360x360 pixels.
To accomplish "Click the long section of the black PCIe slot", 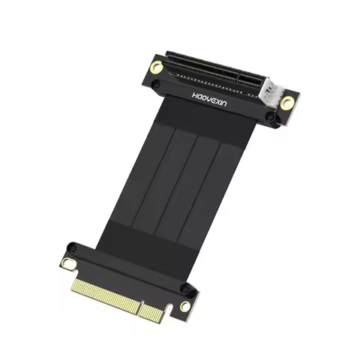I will [x=202, y=70].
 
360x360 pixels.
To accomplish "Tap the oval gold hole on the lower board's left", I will [x=69, y=263].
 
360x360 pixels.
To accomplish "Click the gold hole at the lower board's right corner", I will [x=184, y=306].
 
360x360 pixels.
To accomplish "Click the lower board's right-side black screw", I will [x=193, y=287].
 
